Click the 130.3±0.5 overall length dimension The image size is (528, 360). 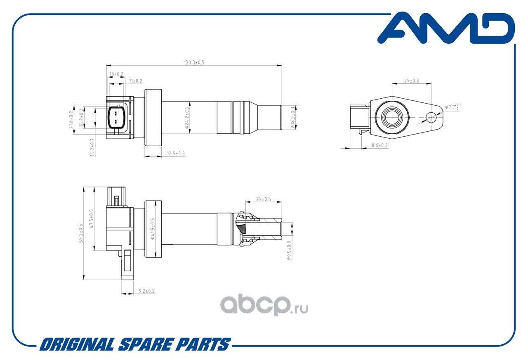194,62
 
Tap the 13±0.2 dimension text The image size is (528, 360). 116,74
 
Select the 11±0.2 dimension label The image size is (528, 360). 136,81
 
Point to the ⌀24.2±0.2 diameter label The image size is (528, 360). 187,118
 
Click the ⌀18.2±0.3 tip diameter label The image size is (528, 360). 293,118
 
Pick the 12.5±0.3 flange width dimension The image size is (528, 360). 176,154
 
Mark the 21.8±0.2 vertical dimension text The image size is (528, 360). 71,120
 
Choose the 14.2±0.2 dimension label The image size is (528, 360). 92,147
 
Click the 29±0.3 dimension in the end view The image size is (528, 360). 412,81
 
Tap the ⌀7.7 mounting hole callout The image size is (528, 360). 453,107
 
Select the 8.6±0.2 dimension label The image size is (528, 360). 379,146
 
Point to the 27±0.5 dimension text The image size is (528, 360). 264,199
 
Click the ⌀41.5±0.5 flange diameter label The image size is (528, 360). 153,229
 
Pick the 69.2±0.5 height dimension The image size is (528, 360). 81,233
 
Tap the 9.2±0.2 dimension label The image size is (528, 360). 146,291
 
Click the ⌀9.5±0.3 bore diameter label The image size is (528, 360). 289,251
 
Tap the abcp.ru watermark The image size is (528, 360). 264,305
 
